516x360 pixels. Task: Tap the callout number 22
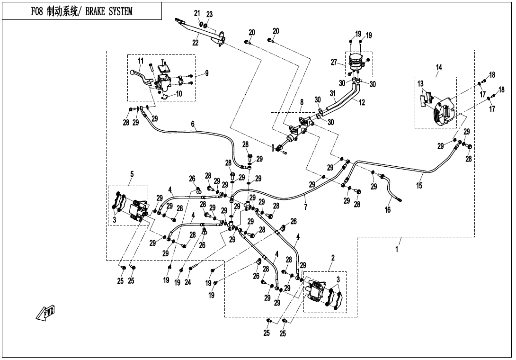[x=196, y=43]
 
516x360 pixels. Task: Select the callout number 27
[x=334, y=62]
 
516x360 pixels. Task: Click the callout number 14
[x=439, y=68]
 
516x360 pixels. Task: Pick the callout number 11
[x=141, y=61]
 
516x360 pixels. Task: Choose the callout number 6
[x=193, y=124]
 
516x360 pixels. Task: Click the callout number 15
[x=419, y=185]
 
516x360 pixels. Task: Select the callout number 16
[x=388, y=209]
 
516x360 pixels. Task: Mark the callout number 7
[x=306, y=207]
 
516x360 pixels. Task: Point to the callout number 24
[x=187, y=282]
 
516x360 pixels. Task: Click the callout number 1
[x=397, y=249]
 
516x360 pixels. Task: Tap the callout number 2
[x=333, y=258]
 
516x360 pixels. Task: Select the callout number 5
[x=132, y=174]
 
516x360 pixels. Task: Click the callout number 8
[x=302, y=102]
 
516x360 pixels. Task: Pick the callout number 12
[x=362, y=102]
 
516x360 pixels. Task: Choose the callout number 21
[x=197, y=14]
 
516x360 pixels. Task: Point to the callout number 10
[x=178, y=94]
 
